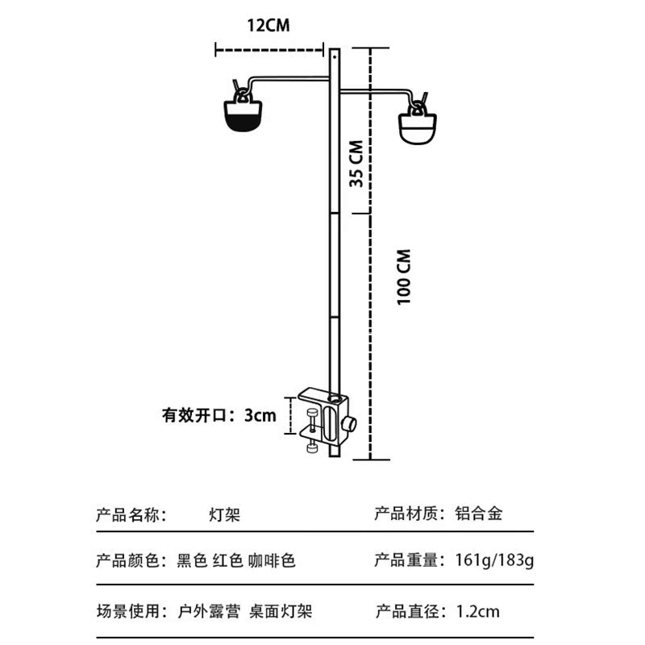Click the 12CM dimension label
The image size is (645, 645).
click(268, 25)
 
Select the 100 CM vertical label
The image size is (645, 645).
click(404, 276)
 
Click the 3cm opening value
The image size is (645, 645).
click(260, 416)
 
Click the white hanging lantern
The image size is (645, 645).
click(418, 127)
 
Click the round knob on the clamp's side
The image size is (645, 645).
click(350, 424)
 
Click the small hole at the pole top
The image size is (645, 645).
click(335, 58)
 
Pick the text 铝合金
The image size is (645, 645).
click(478, 513)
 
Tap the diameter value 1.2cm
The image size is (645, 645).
click(477, 611)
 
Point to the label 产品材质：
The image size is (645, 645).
click(409, 513)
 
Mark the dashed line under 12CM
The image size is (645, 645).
click(269, 49)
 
